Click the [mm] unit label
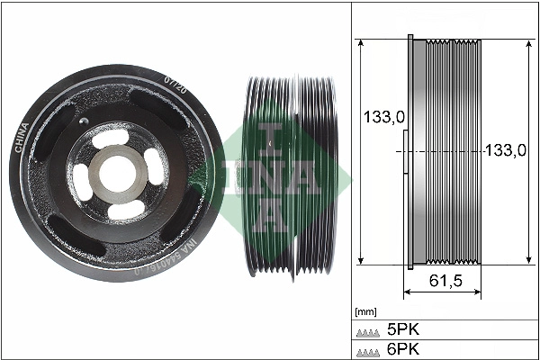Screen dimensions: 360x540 (365, 312)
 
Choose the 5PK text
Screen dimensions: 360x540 (402, 330)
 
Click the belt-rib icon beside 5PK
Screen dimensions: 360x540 (367, 331)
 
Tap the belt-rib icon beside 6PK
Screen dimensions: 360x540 (367, 350)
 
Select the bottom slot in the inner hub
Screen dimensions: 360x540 (123, 210)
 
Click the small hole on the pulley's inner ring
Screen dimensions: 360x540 (83, 123)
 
